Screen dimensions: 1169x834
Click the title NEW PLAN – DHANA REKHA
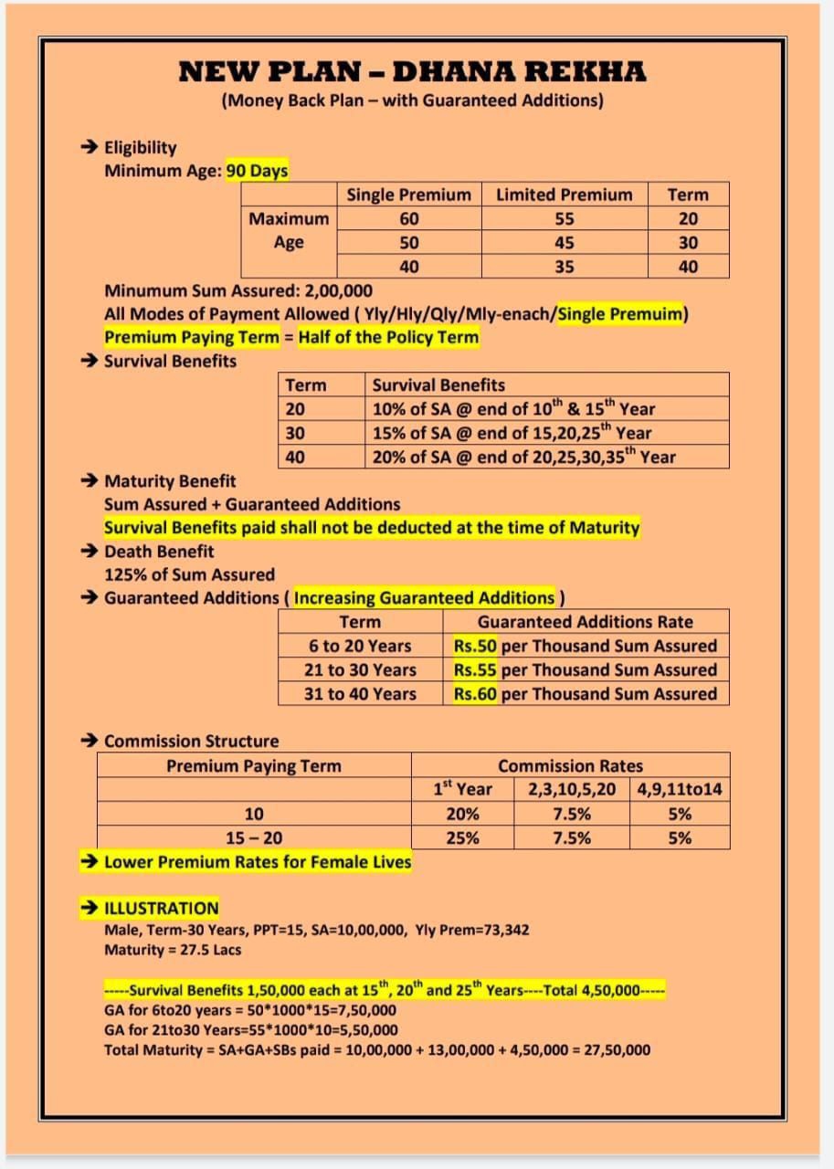click(x=412, y=70)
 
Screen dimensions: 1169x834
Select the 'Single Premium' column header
click(x=408, y=195)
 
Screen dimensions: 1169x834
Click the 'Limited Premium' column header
click(x=564, y=195)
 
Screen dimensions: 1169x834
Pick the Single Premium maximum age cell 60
click(x=409, y=218)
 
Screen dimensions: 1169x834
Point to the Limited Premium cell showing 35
click(x=565, y=267)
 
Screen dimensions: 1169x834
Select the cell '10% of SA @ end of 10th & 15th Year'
click(x=512, y=409)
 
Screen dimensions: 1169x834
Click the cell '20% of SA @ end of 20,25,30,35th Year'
click(x=523, y=457)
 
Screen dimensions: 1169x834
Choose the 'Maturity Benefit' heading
click(x=170, y=480)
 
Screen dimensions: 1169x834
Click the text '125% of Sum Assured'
click(x=189, y=574)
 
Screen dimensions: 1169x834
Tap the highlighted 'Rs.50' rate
click(x=475, y=646)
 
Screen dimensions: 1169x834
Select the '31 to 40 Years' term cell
click(x=360, y=693)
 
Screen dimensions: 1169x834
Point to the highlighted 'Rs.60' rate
click(x=475, y=693)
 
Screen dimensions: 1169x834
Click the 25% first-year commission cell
click(x=462, y=837)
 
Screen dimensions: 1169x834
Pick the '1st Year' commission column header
click(x=462, y=789)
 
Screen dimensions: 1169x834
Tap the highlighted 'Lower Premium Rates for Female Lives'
click(x=258, y=861)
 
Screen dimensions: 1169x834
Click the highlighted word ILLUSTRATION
click(x=162, y=908)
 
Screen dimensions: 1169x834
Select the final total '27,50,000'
click(x=612, y=1049)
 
